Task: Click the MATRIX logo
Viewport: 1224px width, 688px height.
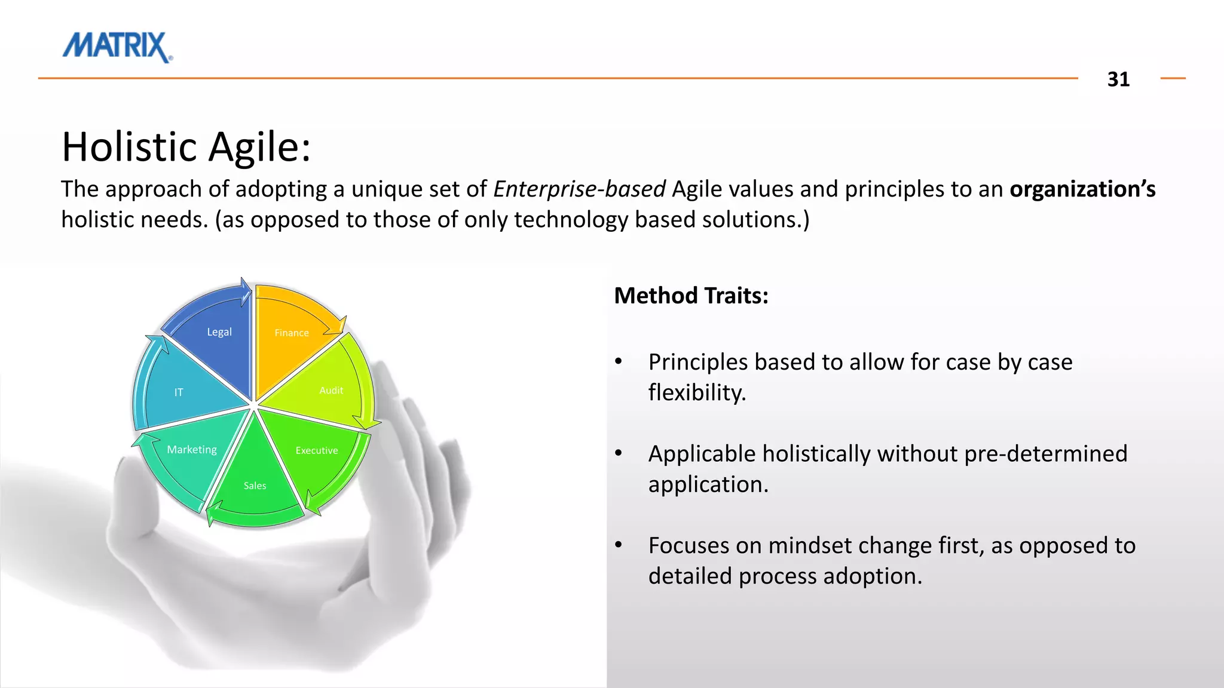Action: (x=117, y=47)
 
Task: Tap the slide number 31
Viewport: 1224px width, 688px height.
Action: (x=1118, y=79)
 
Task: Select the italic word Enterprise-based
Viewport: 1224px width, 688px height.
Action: (x=579, y=189)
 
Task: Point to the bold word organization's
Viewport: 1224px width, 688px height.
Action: (x=1082, y=189)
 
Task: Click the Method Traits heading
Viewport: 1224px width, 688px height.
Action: (x=691, y=296)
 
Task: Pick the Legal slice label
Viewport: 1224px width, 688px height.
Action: (x=219, y=332)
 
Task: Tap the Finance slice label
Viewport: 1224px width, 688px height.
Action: (x=292, y=333)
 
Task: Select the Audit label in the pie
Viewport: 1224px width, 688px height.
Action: (x=331, y=391)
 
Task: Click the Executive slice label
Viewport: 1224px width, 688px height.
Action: (x=317, y=451)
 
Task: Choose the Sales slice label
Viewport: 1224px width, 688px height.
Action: (x=255, y=486)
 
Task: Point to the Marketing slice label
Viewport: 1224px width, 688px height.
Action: (x=192, y=450)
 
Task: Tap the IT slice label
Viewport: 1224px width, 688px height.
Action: (x=178, y=392)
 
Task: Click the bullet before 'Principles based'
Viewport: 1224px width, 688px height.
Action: (x=619, y=362)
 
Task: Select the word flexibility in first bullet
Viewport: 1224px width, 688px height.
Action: (x=697, y=393)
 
